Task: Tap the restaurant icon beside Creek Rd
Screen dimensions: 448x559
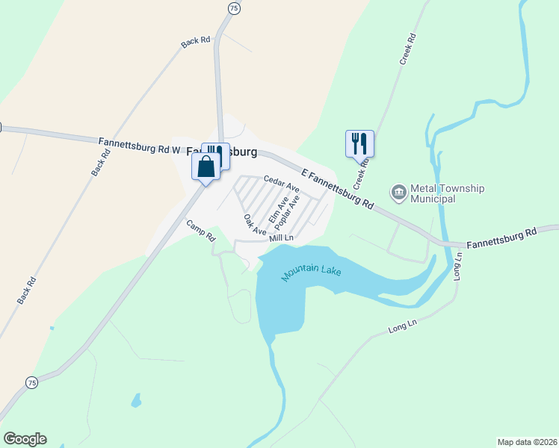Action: click(359, 142)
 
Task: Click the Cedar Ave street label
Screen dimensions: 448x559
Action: click(281, 180)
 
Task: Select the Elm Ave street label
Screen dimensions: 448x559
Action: click(278, 208)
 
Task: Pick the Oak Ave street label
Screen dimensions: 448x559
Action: click(255, 225)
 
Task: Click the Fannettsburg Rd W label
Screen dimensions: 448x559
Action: click(140, 144)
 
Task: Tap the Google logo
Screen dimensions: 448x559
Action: click(25, 439)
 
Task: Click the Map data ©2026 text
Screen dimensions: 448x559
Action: click(527, 441)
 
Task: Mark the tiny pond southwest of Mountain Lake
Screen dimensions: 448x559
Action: click(135, 401)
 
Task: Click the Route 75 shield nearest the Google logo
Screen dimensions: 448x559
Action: click(31, 382)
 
